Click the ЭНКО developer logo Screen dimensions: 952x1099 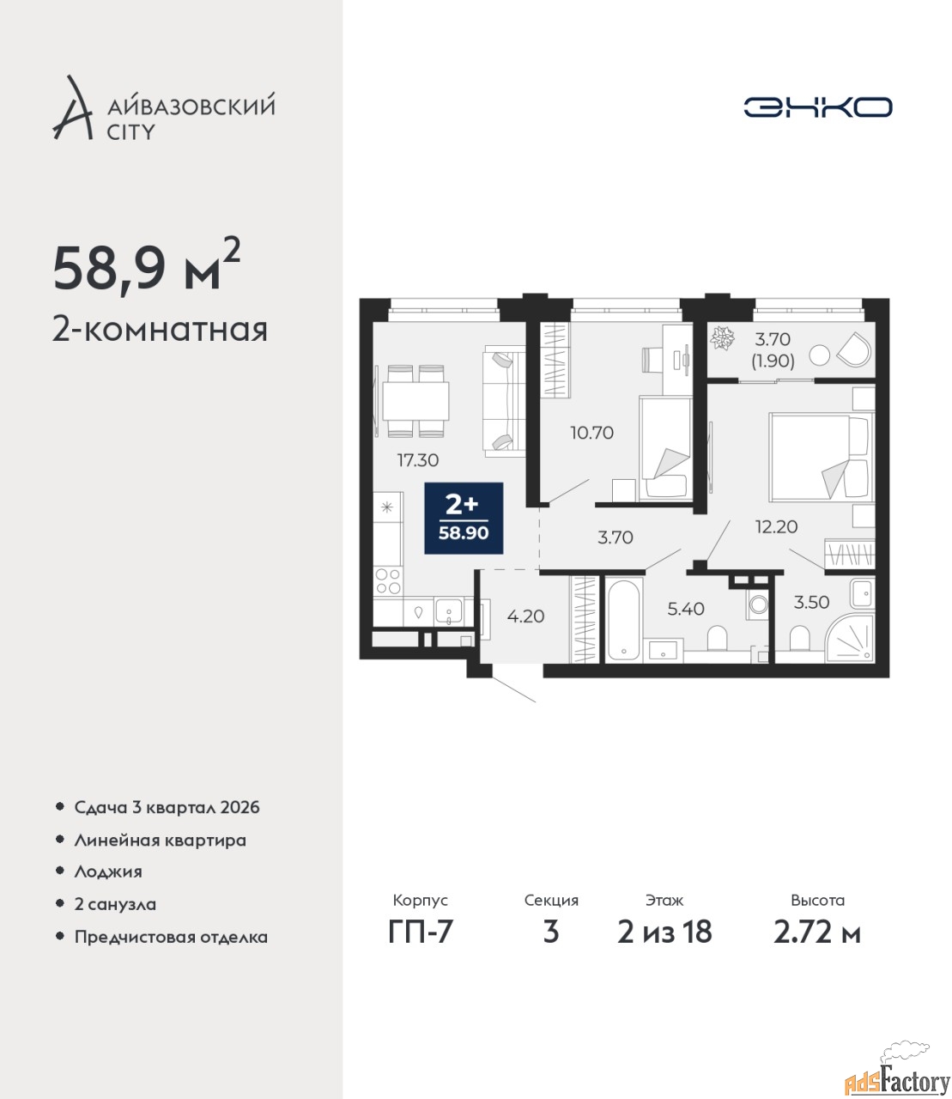pyautogui.click(x=817, y=106)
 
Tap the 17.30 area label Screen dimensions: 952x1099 pyautogui.click(x=418, y=460)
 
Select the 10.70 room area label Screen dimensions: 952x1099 pyautogui.click(x=592, y=433)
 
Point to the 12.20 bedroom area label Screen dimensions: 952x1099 pyautogui.click(x=777, y=527)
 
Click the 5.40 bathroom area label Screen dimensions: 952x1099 pyautogui.click(x=686, y=609)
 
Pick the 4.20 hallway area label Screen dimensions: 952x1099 pyautogui.click(x=525, y=616)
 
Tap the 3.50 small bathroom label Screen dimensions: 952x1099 pyautogui.click(x=811, y=603)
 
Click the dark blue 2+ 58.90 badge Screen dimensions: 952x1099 pyautogui.click(x=464, y=519)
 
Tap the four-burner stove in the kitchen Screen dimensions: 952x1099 pyautogui.click(x=387, y=581)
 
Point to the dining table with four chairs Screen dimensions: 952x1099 pyautogui.click(x=415, y=401)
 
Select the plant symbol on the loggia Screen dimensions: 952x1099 pyautogui.click(x=724, y=337)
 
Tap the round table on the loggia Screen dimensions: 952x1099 pyautogui.click(x=820, y=355)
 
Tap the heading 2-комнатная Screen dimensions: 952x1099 pyautogui.click(x=160, y=331)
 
